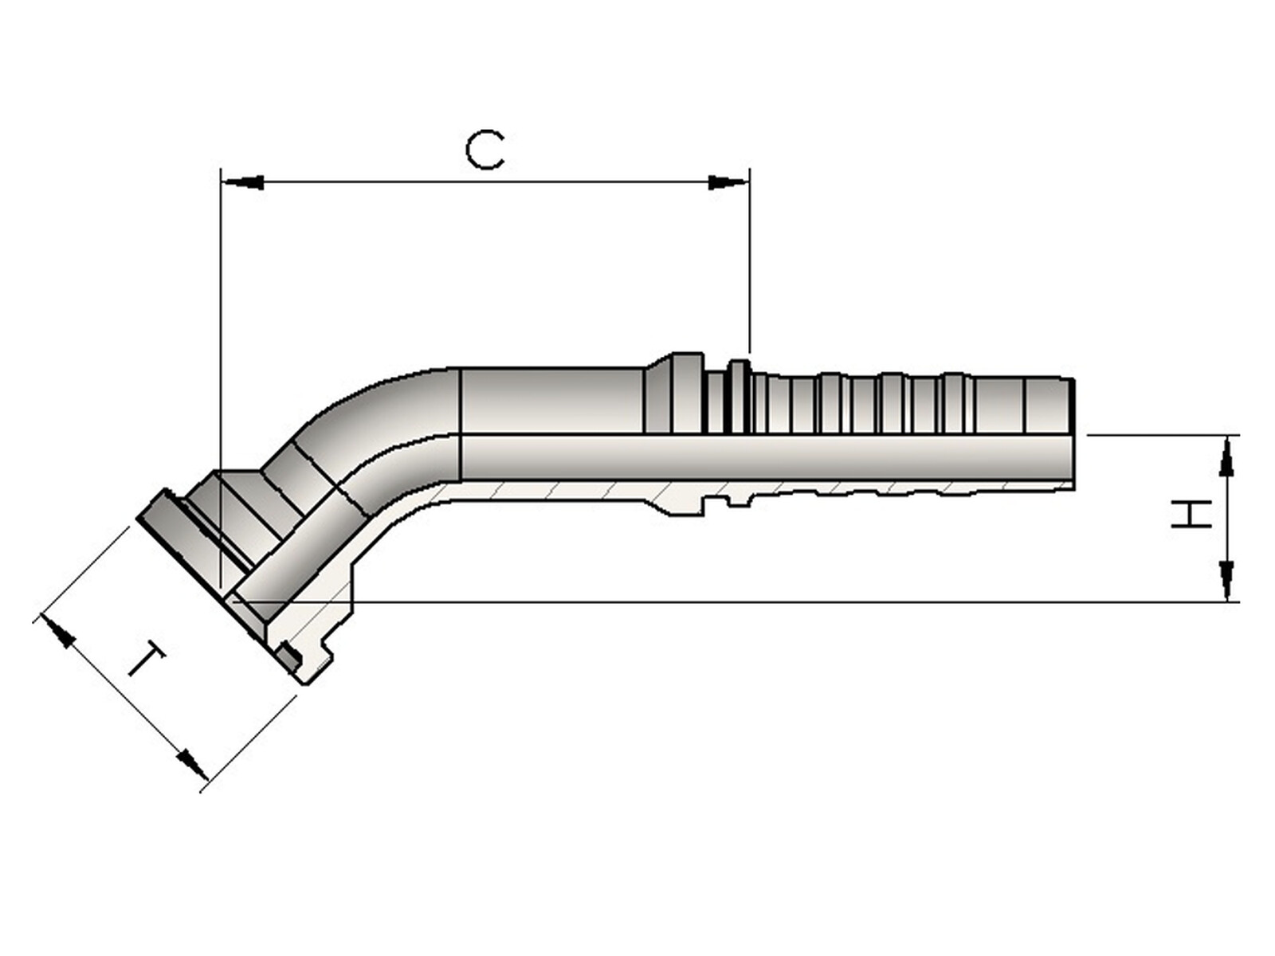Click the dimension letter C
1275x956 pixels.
tap(484, 151)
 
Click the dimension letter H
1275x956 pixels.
tap(1191, 515)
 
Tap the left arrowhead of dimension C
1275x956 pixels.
tap(243, 182)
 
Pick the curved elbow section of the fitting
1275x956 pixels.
tap(375, 430)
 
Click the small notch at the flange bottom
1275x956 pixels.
tap(290, 658)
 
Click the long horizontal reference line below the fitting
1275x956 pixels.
tap(717, 602)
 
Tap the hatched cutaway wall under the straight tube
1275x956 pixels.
tap(558, 492)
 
